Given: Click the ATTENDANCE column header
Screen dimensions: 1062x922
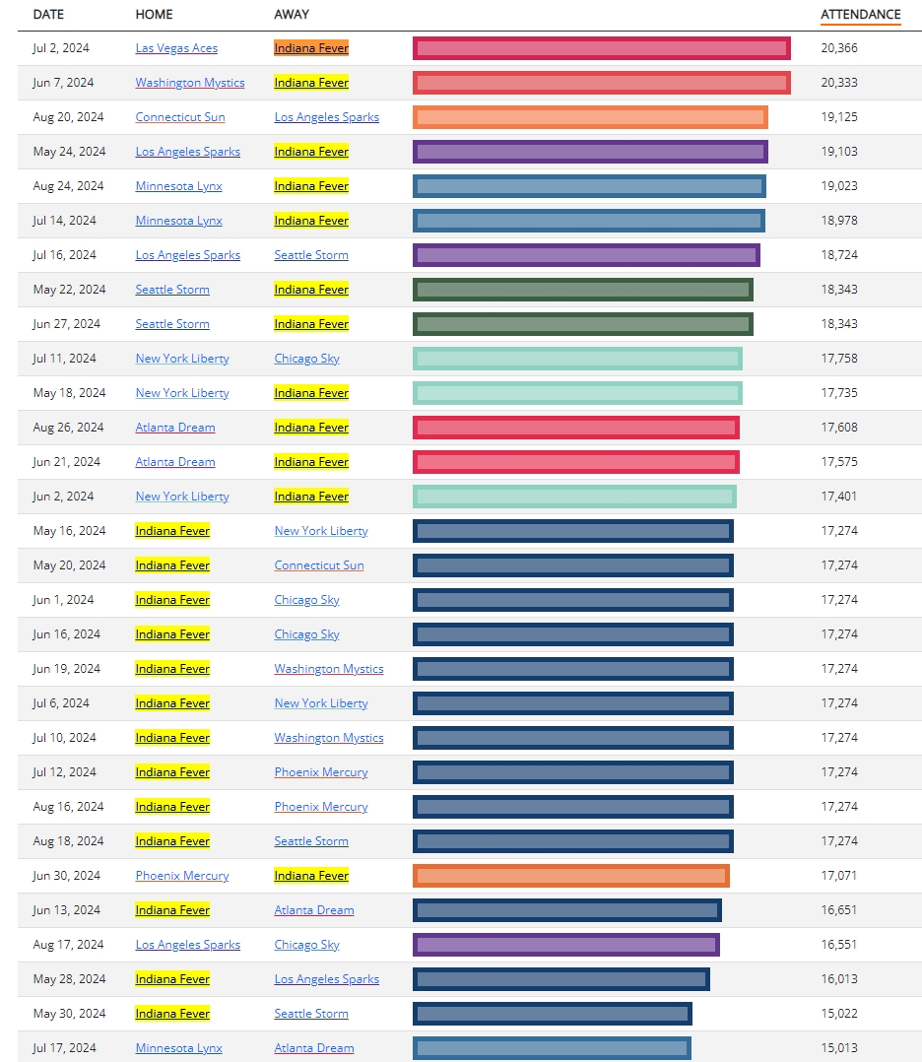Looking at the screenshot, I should (x=860, y=15).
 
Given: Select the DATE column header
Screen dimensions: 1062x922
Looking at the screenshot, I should (x=48, y=15).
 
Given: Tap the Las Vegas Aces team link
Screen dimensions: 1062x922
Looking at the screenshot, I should (x=176, y=48).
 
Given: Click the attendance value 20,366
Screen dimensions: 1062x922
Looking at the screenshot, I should (x=838, y=48).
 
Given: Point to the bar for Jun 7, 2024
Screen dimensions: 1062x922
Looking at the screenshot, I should (x=601, y=83).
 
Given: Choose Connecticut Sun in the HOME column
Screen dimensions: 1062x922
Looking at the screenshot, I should (x=180, y=117).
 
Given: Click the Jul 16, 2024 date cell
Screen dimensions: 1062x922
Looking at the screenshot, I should (x=64, y=255).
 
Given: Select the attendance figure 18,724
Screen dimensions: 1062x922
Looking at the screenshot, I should (x=838, y=255).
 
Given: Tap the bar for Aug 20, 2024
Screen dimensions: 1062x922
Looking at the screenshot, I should (x=590, y=117).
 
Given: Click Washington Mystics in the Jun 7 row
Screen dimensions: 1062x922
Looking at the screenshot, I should (x=190, y=83).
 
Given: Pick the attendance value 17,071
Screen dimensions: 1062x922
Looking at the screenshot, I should (x=838, y=876).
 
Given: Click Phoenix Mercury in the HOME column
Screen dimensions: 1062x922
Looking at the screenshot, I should (x=182, y=876).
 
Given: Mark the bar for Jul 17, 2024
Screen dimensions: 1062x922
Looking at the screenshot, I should (x=552, y=1048).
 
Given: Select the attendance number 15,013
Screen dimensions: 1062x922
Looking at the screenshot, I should (x=838, y=1048).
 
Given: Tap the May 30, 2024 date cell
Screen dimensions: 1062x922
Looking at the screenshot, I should (x=68, y=1014).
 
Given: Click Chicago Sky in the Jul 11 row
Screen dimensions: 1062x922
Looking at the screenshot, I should (x=306, y=359).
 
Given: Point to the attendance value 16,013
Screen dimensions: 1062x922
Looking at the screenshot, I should (x=838, y=979).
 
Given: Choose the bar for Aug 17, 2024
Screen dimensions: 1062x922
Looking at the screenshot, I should (x=565, y=945).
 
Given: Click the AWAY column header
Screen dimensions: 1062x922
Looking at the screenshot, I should (x=292, y=15).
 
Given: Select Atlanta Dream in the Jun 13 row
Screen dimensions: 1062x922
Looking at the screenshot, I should (x=313, y=910).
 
